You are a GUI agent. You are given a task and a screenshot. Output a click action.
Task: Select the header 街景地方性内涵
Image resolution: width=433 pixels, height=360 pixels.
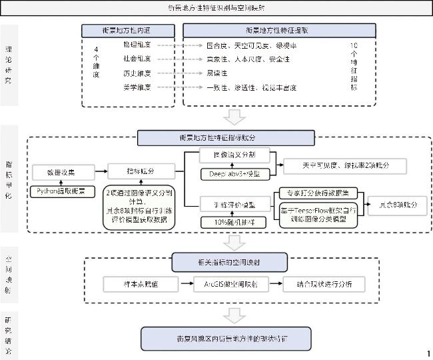[127, 31]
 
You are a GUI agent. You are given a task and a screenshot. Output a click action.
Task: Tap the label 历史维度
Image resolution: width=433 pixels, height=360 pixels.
[137, 73]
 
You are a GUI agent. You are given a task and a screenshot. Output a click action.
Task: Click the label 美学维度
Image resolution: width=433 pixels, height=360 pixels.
[137, 87]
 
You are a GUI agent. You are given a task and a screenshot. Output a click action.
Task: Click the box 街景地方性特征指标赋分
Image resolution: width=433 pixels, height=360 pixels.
[226, 137]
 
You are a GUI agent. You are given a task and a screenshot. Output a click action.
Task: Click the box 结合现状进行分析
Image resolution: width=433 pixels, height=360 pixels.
[322, 284]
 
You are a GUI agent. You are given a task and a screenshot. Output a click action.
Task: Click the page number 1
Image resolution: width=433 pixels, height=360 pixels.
[428, 353]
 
